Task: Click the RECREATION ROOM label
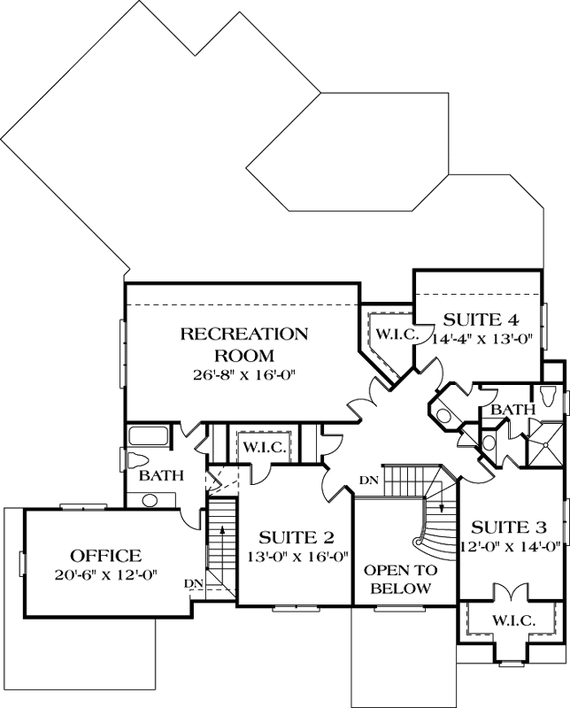pos(244,345)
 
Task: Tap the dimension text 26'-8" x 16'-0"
pos(244,374)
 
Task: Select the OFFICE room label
pos(106,556)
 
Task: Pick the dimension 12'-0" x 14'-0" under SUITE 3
pos(513,545)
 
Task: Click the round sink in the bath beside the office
pos(150,500)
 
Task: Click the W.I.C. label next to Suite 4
pos(391,334)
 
